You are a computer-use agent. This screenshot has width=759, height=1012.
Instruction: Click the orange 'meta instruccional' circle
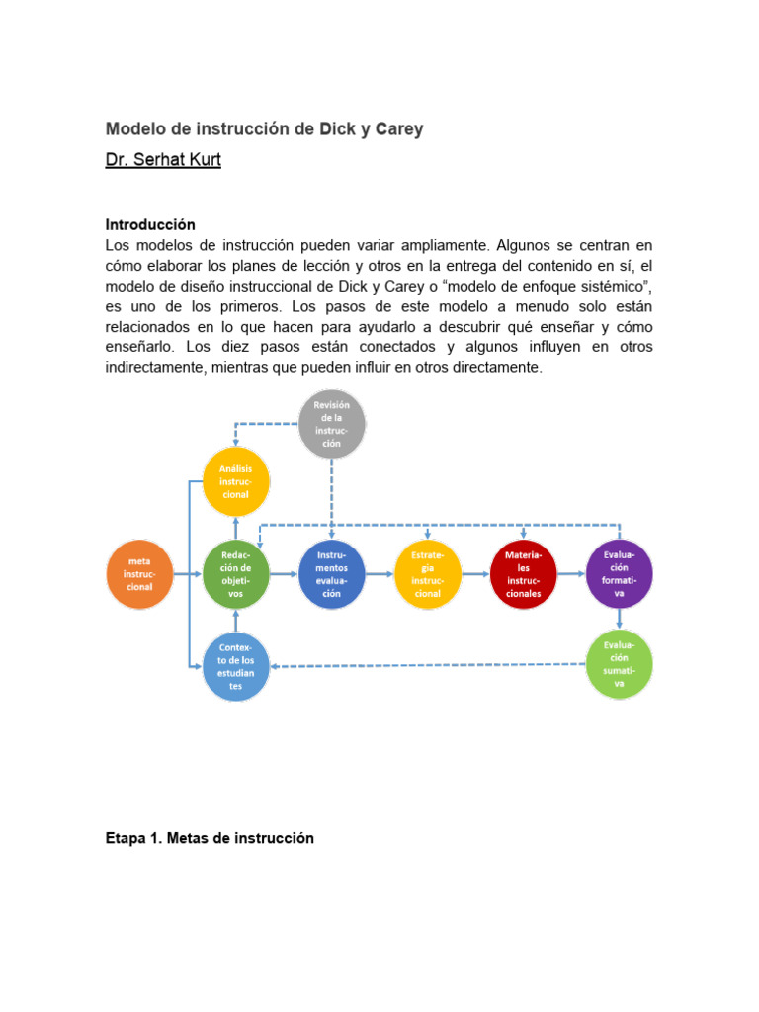point(138,574)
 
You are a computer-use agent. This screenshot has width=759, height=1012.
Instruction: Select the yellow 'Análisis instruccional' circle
point(236,480)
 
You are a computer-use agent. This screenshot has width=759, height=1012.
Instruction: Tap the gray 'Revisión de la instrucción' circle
point(332,424)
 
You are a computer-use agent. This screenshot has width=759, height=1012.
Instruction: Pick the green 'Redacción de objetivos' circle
point(236,574)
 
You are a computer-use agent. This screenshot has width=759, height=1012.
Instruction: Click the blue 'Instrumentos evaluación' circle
point(332,574)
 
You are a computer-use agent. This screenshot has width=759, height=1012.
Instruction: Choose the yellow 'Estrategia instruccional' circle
point(428,574)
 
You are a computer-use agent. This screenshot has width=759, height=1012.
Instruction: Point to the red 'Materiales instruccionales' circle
point(524,574)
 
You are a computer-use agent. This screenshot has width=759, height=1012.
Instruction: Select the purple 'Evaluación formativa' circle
point(620,574)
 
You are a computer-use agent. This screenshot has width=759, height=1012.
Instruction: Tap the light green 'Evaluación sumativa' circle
point(620,663)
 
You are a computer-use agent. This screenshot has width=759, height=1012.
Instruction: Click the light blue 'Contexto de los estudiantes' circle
point(236,666)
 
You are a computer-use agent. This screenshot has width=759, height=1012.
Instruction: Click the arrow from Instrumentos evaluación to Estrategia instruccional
point(379,574)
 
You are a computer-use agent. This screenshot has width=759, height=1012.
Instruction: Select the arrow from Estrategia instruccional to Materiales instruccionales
point(475,574)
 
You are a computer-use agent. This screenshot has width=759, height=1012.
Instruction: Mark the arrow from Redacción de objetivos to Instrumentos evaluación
point(284,574)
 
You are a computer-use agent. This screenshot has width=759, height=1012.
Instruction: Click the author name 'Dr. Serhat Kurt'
point(163,160)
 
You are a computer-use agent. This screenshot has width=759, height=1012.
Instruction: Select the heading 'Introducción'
point(150,225)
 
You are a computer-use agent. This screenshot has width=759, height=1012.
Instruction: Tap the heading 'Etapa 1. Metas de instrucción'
point(210,838)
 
